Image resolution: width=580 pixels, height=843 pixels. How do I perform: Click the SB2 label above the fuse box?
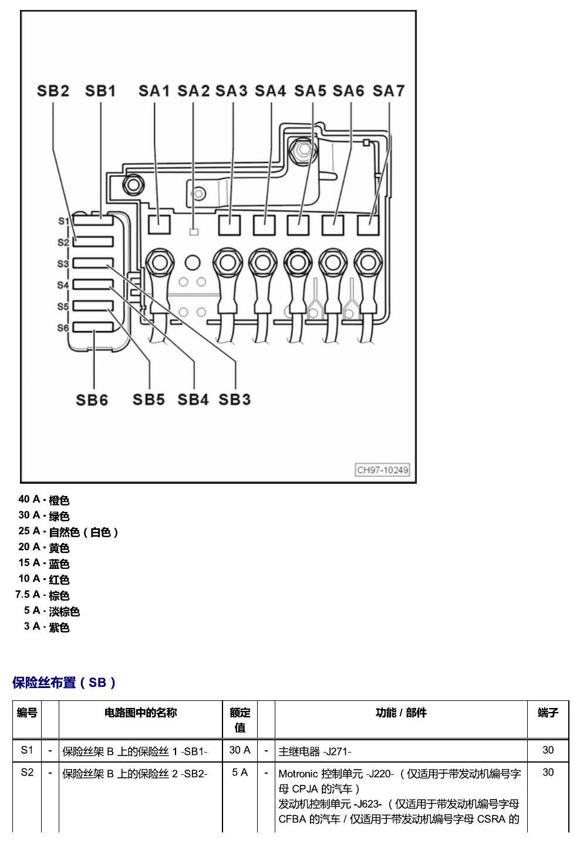pyautogui.click(x=53, y=90)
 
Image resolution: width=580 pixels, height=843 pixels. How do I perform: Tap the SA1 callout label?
pyautogui.click(x=154, y=90)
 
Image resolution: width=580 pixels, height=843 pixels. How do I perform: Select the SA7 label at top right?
pyautogui.click(x=389, y=90)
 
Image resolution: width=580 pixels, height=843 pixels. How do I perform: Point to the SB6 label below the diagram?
pyautogui.click(x=92, y=400)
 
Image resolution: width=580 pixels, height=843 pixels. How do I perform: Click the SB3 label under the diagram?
pyautogui.click(x=234, y=399)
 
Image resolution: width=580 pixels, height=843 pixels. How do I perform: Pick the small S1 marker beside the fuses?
pyautogui.click(x=63, y=221)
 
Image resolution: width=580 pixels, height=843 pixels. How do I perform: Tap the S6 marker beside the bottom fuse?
pyautogui.click(x=63, y=328)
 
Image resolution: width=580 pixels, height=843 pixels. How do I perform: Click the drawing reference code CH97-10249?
pyautogui.click(x=382, y=470)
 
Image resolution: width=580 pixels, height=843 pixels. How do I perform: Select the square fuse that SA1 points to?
pyautogui.click(x=159, y=225)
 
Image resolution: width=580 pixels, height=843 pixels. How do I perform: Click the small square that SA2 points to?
pyautogui.click(x=194, y=232)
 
